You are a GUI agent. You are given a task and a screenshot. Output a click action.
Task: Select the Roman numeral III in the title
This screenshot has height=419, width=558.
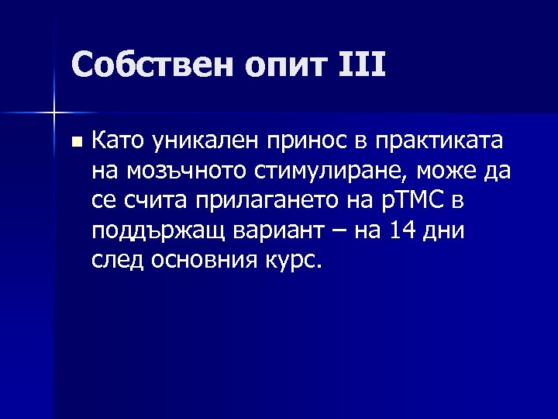(x=362, y=65)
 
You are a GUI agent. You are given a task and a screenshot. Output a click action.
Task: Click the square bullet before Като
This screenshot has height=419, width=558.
(x=75, y=142)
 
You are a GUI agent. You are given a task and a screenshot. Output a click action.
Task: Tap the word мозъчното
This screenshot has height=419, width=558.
(x=181, y=170)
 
